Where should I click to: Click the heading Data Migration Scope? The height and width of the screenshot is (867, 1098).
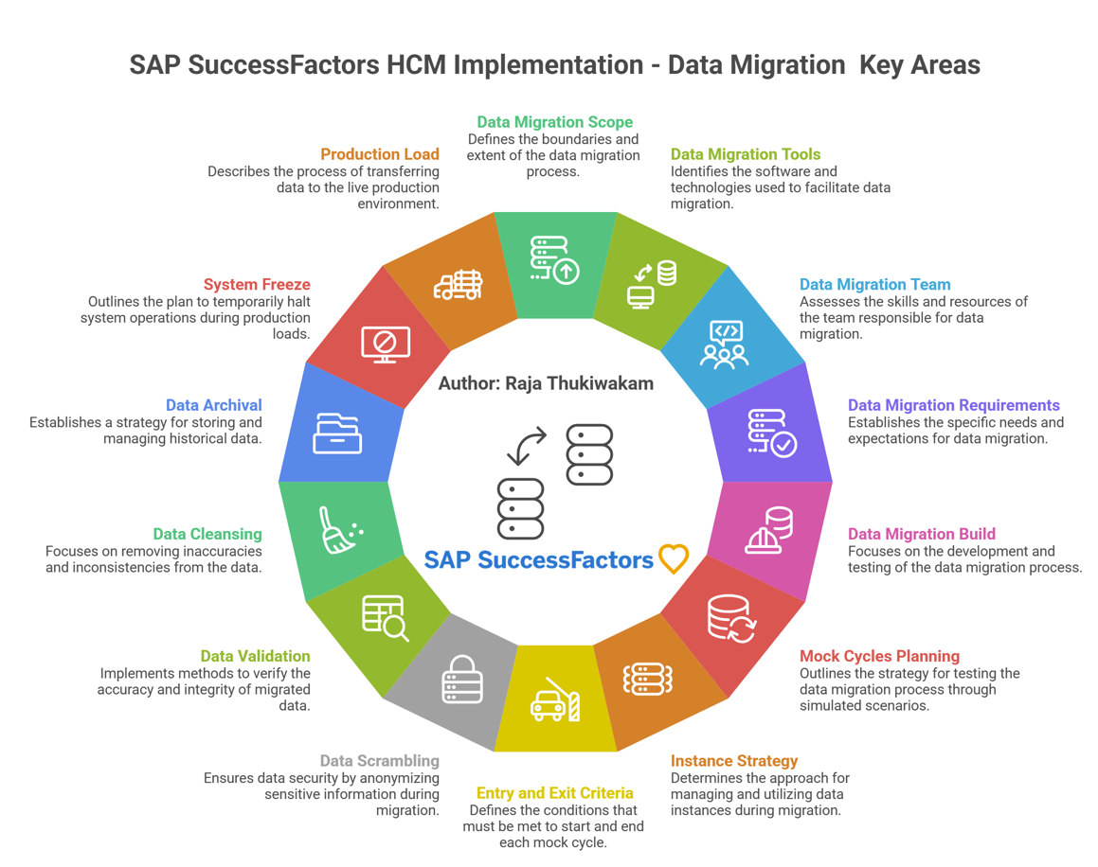pyautogui.click(x=554, y=122)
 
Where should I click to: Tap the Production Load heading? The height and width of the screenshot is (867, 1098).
pyautogui.click(x=380, y=154)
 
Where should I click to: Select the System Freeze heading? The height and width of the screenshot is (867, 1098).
pyautogui.click(x=257, y=284)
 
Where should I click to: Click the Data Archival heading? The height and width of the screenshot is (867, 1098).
pyautogui.click(x=213, y=405)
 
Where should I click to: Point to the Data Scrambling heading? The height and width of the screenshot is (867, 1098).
pyautogui.click(x=380, y=761)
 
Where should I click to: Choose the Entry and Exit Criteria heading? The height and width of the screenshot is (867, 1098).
pyautogui.click(x=554, y=793)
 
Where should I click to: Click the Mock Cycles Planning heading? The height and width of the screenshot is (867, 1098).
pyautogui.click(x=879, y=656)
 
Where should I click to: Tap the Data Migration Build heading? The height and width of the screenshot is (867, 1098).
pyautogui.click(x=922, y=534)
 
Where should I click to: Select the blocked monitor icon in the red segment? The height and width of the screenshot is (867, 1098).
pyautogui.click(x=386, y=345)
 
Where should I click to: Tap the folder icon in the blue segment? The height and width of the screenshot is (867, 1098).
pyautogui.click(x=337, y=433)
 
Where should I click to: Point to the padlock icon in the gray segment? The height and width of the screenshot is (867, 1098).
pyautogui.click(x=462, y=679)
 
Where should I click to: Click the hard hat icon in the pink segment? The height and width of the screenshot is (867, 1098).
pyautogui.click(x=768, y=530)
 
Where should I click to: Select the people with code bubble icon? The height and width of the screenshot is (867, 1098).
pyautogui.click(x=724, y=345)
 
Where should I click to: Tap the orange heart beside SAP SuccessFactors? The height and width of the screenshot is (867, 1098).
pyautogui.click(x=674, y=559)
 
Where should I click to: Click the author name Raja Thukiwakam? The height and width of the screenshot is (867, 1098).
pyautogui.click(x=579, y=383)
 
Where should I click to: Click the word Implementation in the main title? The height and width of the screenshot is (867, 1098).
pyautogui.click(x=549, y=65)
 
